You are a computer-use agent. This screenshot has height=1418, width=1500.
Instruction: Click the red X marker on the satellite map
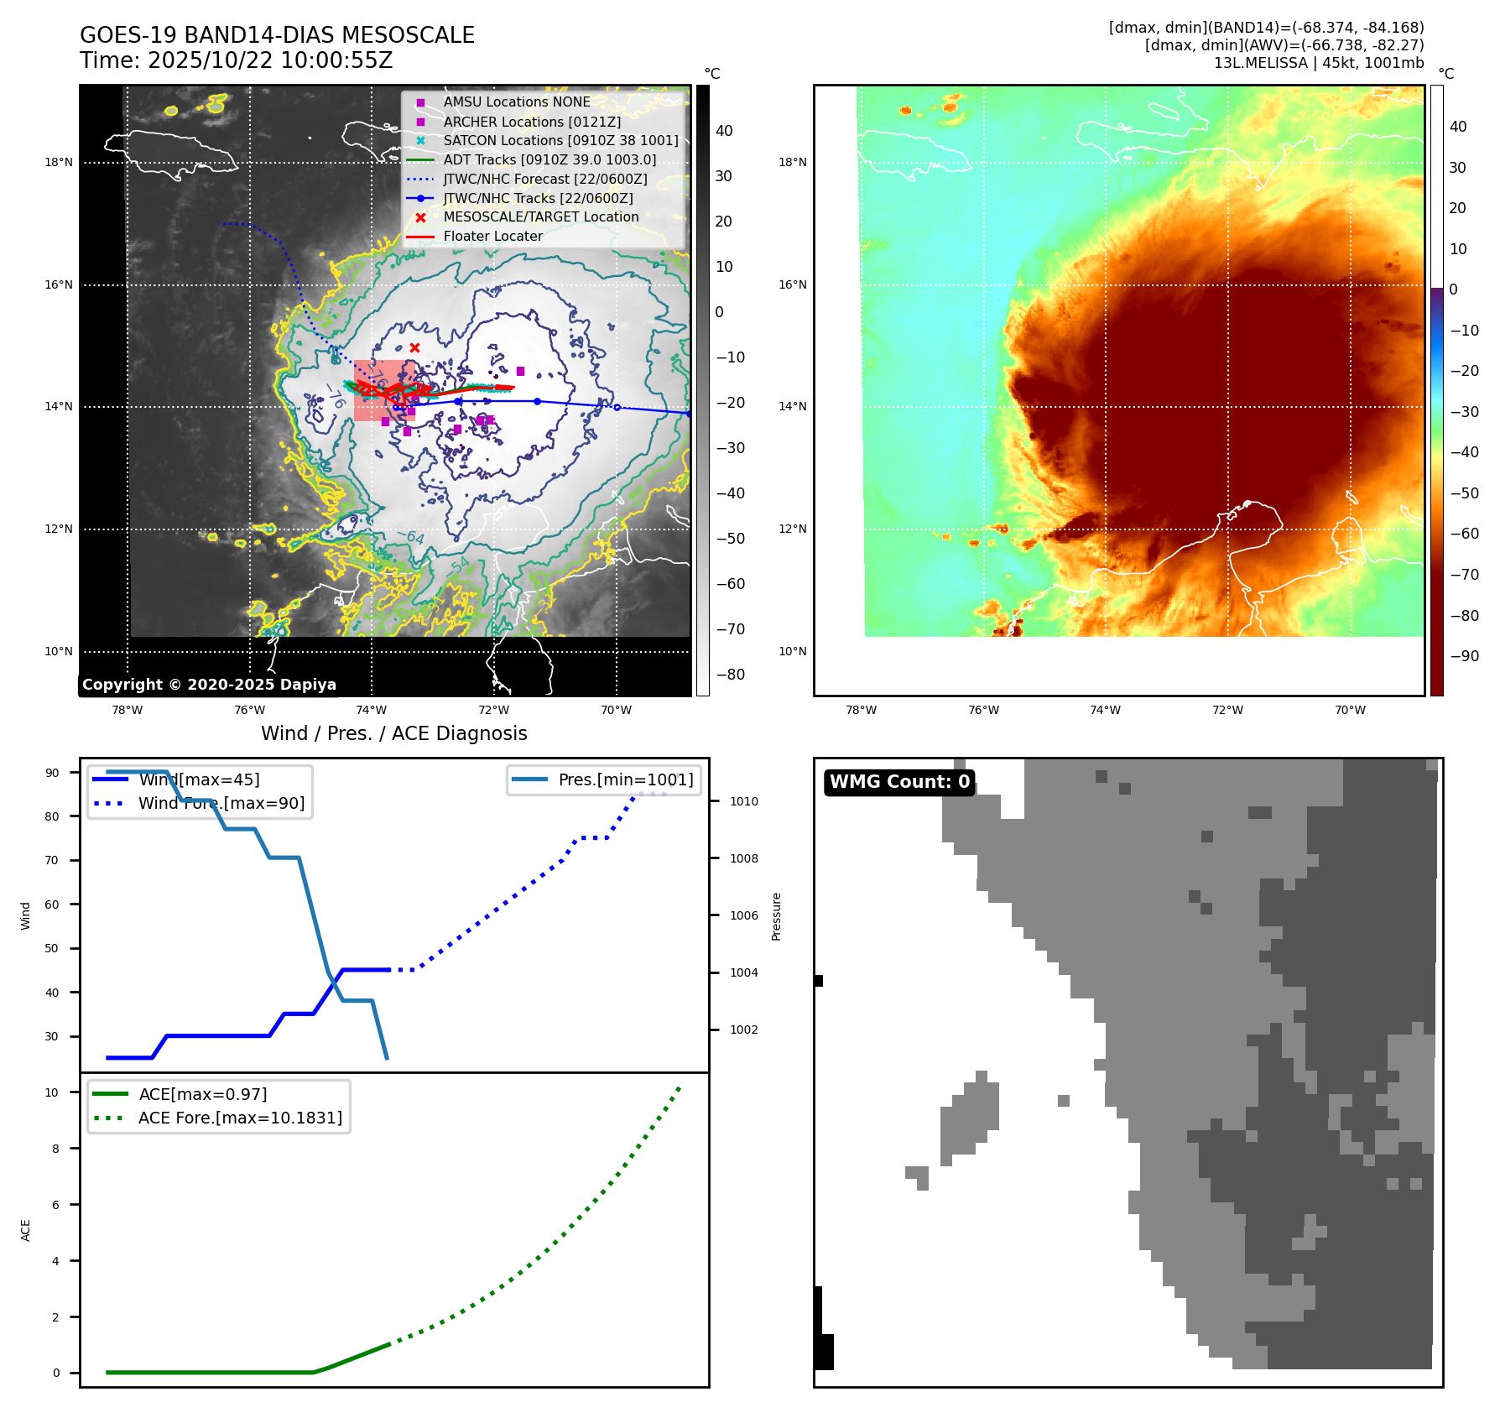point(414,347)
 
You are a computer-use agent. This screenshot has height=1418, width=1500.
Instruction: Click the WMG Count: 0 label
point(899,782)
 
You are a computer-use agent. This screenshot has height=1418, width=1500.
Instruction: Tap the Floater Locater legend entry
point(492,236)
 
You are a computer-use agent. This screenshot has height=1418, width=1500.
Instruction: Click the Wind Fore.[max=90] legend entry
point(221,803)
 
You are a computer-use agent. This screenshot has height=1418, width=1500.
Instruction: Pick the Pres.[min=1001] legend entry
point(625,779)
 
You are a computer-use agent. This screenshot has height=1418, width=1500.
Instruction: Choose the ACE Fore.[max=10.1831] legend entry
point(240,1118)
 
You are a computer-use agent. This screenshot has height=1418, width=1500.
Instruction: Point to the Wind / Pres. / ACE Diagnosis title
point(394,733)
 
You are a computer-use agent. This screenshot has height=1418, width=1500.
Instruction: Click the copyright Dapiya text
point(209,685)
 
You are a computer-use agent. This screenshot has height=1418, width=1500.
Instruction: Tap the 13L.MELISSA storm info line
point(1318,63)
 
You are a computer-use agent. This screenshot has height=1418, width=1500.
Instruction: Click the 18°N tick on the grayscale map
point(59,162)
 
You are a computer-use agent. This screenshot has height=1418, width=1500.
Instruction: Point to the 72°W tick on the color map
point(1227,710)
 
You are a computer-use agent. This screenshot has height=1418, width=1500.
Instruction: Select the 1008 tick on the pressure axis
point(743,858)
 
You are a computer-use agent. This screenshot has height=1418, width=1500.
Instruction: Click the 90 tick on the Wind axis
point(52,773)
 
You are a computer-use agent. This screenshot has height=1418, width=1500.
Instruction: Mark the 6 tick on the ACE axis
point(55,1205)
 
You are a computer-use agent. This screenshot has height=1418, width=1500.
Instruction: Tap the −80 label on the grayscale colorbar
point(730,675)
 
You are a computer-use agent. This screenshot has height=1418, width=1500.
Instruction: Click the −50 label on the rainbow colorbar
point(1465,493)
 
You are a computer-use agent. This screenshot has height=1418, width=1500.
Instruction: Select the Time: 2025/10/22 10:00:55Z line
point(237,60)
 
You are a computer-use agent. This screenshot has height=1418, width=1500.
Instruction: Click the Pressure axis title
point(776,916)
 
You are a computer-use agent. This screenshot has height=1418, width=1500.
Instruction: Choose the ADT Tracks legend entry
point(549,159)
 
